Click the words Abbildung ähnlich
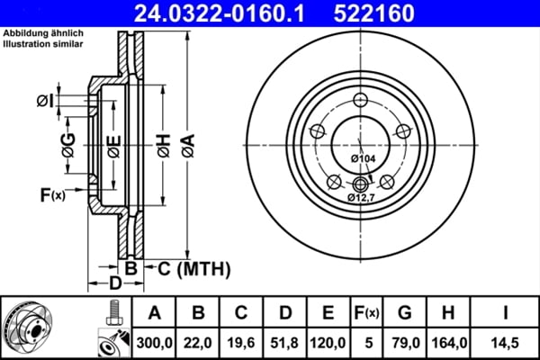[x=37, y=33]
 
